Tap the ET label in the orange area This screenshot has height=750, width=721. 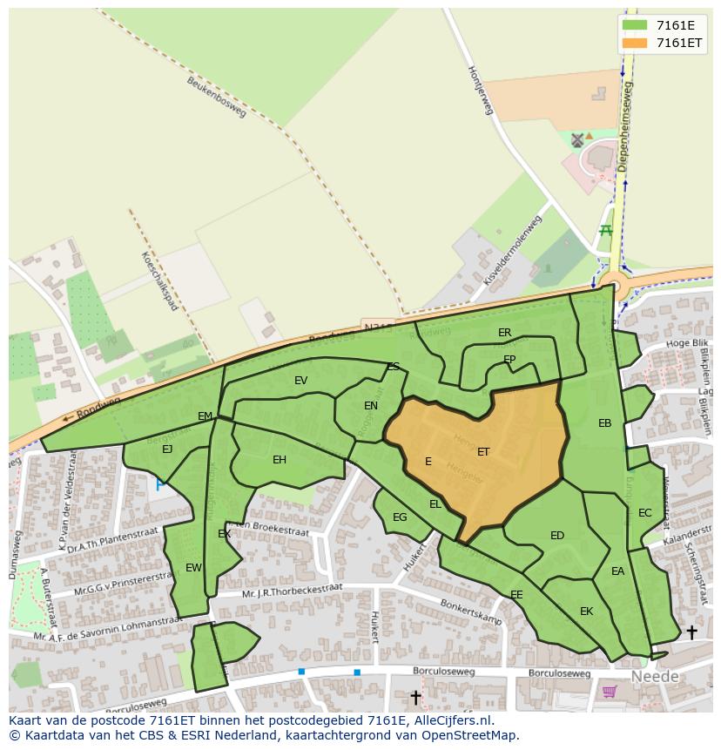483,451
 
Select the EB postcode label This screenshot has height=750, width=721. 604,423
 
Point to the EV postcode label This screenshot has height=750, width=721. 301,381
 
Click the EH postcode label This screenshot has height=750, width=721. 280,460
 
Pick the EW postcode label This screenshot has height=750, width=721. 193,568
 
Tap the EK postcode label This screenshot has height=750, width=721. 586,611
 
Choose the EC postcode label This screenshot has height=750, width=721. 644,513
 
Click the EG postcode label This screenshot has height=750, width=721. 400,517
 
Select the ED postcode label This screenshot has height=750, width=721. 557,536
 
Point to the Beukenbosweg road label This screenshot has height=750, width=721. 217,97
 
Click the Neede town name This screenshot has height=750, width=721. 654,677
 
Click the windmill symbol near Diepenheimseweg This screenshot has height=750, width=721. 576,139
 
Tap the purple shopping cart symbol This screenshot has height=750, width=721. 609,692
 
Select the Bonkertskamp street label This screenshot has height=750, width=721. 471,612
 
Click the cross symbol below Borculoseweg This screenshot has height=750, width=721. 415,697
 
